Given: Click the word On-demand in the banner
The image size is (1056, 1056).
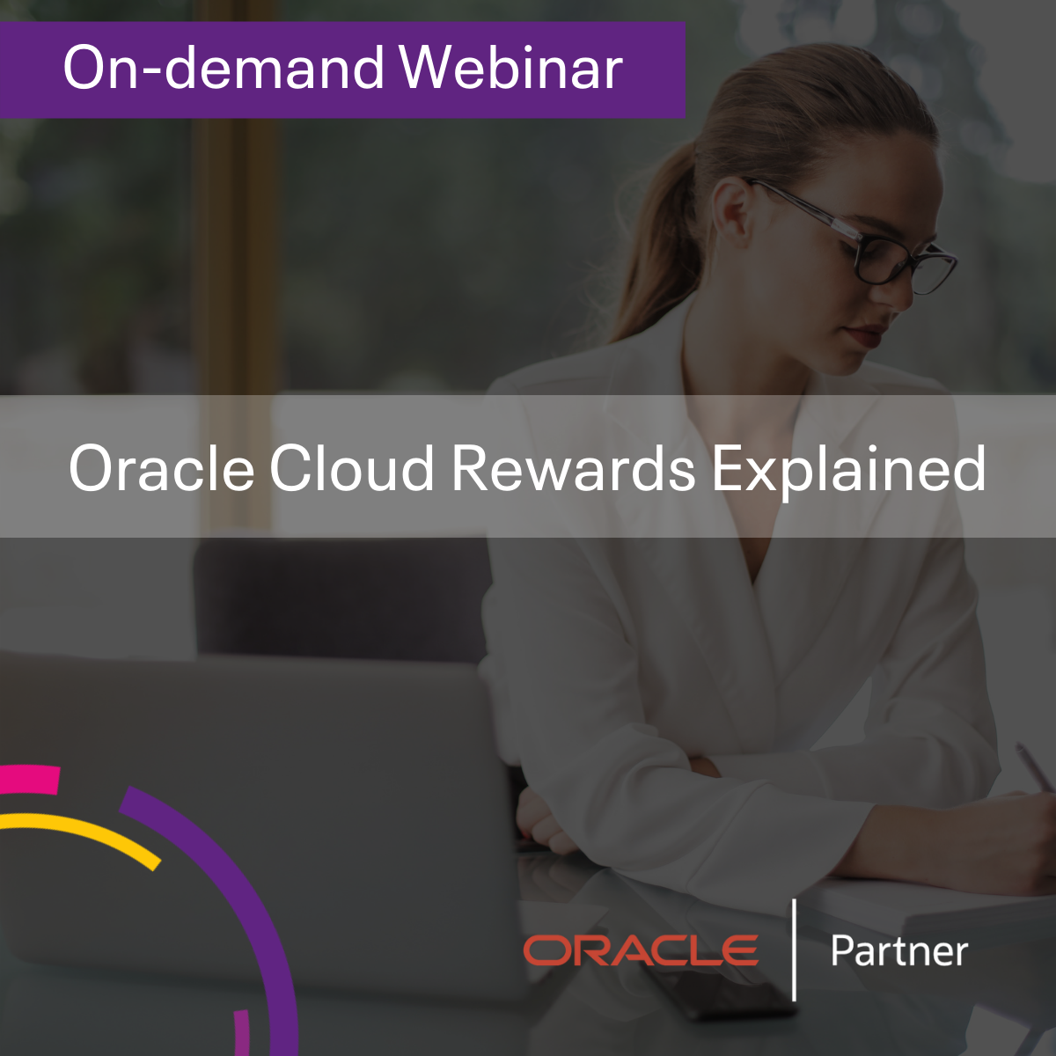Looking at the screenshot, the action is (x=224, y=68).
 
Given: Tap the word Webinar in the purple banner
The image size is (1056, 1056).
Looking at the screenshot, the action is (x=510, y=68).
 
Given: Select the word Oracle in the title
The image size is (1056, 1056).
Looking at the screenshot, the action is (x=161, y=468).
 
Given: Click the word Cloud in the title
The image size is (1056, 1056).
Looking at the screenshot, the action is (x=352, y=468).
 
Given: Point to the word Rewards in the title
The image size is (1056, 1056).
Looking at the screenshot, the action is (x=573, y=468).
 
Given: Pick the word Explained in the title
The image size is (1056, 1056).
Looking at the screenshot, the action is (x=848, y=472).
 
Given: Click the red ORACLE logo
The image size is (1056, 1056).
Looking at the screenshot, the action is (x=641, y=950).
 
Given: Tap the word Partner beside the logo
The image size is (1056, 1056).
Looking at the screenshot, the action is (x=899, y=950).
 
